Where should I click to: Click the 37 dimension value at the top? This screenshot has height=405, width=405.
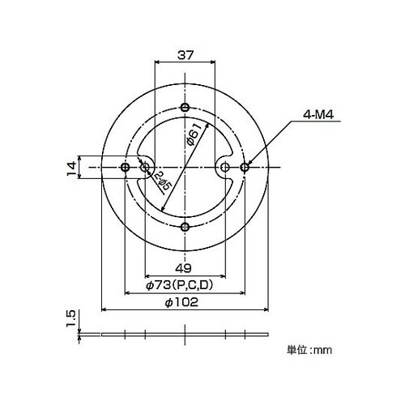(x=185, y=55)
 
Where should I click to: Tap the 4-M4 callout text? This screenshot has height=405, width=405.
(x=318, y=115)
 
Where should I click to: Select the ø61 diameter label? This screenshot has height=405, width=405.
(x=194, y=134)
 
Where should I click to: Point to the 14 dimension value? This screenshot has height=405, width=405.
(x=72, y=168)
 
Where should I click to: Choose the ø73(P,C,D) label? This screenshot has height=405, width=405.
(x=180, y=285)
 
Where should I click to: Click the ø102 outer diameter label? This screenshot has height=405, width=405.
(x=181, y=302)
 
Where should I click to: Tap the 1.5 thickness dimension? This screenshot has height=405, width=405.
(x=70, y=319)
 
